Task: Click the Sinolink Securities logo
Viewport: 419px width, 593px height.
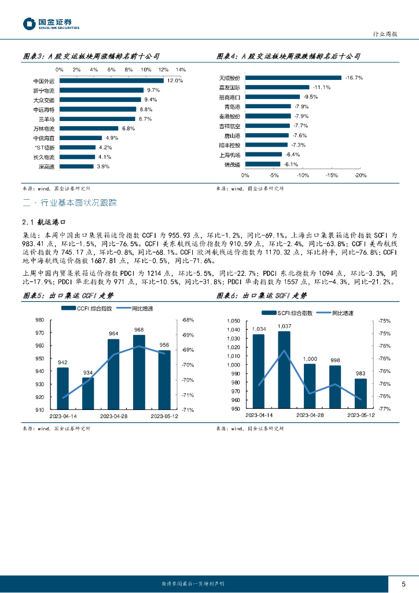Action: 51,24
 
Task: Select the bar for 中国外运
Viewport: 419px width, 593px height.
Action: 113,81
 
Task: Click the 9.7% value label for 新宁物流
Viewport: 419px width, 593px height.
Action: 153,90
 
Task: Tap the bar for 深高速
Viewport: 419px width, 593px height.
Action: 76,166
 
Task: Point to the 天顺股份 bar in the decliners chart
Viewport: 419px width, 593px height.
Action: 294,78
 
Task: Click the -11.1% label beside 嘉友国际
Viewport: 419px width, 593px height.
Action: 322,87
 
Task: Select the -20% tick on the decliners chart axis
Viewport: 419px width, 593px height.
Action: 360,175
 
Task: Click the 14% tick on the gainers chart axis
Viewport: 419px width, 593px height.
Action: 181,69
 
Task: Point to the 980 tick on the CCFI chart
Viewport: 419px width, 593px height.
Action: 40,320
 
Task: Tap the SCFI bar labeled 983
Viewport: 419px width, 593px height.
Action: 361,393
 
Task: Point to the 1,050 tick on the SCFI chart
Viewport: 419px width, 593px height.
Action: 233,321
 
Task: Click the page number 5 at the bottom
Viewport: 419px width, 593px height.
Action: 403,583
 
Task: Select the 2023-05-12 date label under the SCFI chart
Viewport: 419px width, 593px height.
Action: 359,415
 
